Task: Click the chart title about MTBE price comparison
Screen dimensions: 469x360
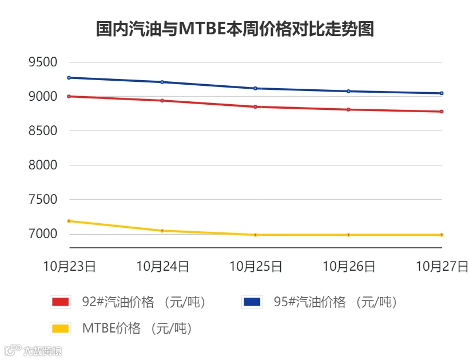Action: [235, 29]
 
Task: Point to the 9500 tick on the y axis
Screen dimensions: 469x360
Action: [43, 62]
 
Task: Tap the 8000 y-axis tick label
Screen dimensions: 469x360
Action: [43, 165]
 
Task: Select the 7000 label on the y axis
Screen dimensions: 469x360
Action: [43, 234]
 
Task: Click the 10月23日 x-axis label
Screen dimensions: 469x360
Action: [69, 266]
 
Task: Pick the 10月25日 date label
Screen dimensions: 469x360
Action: [256, 266]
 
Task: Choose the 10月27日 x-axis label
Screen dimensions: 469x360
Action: [442, 266]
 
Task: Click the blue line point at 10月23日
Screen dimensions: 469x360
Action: [69, 78]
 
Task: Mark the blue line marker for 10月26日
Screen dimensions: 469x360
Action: [348, 91]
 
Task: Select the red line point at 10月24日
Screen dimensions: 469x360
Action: [162, 101]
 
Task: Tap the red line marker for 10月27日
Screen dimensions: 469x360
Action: [442, 112]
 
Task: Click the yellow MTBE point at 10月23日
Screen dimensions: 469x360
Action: [69, 221]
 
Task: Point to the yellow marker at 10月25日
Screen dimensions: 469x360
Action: [256, 235]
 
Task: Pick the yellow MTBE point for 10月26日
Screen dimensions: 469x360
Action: [348, 235]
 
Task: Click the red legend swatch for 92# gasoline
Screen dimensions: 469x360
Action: [61, 302]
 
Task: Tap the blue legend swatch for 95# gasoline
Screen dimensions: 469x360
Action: [252, 302]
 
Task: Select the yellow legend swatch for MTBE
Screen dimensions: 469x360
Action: [61, 329]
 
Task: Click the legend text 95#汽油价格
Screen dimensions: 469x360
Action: [310, 302]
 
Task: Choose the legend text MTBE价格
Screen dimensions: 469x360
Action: [112, 329]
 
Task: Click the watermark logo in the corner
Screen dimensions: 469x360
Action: [33, 350]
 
